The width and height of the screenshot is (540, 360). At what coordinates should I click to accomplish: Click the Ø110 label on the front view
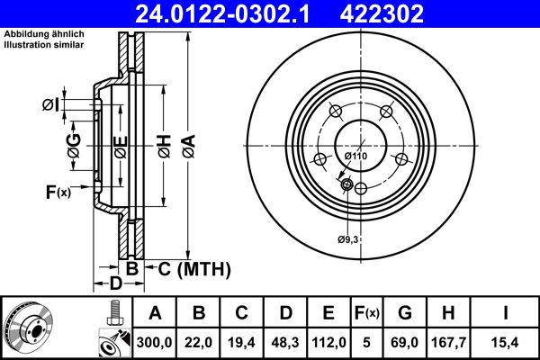(x=355, y=156)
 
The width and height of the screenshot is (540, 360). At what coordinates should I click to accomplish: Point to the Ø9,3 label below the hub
(x=348, y=238)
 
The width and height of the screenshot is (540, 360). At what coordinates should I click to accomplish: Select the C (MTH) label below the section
(x=188, y=268)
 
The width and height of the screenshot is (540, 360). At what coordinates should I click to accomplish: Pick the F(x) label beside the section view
(x=57, y=191)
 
